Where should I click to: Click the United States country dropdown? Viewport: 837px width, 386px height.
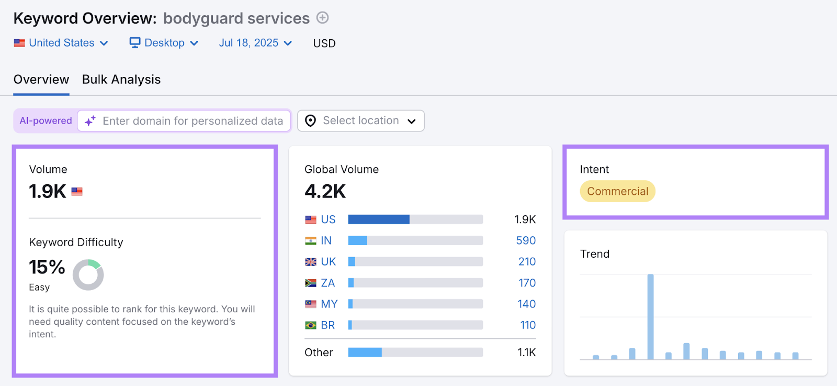tap(61, 43)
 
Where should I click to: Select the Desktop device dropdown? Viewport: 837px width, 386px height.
tap(164, 43)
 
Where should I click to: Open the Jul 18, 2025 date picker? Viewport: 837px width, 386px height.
tap(255, 43)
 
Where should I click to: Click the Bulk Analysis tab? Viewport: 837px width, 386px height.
tap(121, 80)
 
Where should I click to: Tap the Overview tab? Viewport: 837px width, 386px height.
tap(41, 80)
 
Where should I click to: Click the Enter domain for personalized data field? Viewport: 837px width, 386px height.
tap(192, 121)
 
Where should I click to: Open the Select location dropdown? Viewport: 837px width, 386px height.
tap(361, 121)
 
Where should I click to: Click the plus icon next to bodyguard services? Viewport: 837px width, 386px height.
tap(323, 18)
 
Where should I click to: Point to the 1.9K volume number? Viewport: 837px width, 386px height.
tap(48, 192)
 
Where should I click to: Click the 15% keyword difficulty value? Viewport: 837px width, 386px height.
tap(47, 267)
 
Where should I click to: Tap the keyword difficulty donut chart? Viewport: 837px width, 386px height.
tap(88, 275)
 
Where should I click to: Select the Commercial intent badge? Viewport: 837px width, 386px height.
tap(617, 192)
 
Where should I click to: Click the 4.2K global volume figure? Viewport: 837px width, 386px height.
tap(325, 192)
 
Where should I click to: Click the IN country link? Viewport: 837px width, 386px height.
tap(326, 240)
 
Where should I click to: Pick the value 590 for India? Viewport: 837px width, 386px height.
tap(526, 240)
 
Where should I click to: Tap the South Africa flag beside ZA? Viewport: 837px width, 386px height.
tap(311, 283)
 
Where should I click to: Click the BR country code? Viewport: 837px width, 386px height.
tap(328, 325)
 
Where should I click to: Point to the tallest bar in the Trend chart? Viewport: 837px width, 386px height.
tap(650, 316)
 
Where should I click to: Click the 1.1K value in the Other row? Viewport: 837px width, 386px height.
tap(526, 352)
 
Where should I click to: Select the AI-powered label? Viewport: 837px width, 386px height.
tap(46, 121)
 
